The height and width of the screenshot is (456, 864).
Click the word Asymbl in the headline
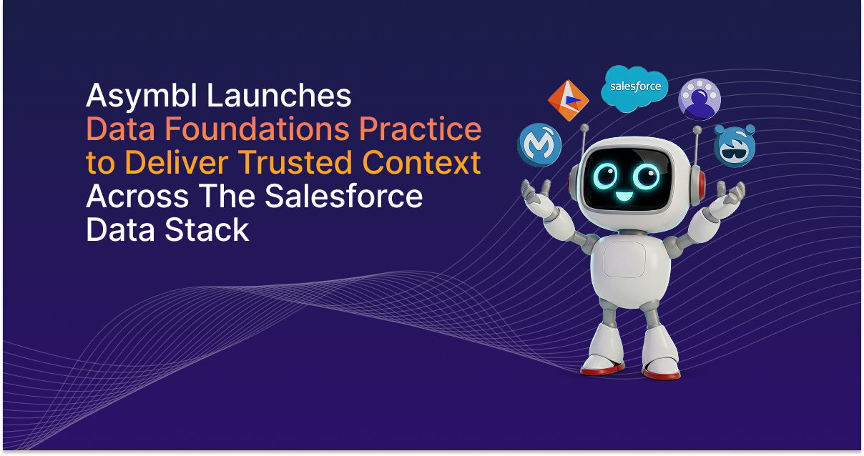coord(142,96)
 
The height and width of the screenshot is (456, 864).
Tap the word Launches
coord(279,95)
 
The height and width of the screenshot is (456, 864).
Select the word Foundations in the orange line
coord(257,129)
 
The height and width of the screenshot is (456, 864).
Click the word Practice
coord(421,129)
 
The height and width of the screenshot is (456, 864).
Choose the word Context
coord(421,162)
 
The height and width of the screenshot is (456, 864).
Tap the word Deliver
coord(177,162)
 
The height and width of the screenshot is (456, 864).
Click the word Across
coord(137,197)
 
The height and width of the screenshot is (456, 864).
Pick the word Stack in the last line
coord(207,229)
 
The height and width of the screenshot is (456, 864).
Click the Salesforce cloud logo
coord(634,88)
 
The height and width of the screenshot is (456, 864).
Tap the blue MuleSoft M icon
coord(539,145)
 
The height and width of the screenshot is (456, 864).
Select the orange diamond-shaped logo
coord(568,100)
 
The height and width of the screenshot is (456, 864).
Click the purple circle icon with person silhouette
coord(699,99)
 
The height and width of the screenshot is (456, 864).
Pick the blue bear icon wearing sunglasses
coord(735,146)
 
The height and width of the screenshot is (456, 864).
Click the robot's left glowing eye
coord(606,176)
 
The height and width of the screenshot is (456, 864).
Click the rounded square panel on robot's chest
coord(624,259)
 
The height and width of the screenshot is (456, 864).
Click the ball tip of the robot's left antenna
coord(585,128)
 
